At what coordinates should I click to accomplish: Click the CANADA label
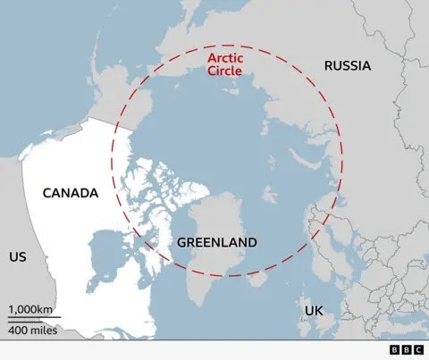[x=70, y=193]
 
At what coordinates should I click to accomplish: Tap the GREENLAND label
[x=216, y=242]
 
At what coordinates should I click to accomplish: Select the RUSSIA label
[x=347, y=65]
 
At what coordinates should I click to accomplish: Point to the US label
[x=17, y=256]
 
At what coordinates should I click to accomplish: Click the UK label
[x=313, y=310]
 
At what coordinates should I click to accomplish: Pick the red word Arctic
[x=225, y=58]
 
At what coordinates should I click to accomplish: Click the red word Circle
[x=225, y=71]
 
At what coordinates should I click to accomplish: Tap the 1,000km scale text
[x=30, y=309]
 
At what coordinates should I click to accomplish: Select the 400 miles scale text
[x=32, y=331]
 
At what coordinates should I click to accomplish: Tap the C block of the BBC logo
[x=418, y=350]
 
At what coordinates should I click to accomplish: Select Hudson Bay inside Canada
[x=107, y=255]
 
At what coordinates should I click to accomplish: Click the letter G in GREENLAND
[x=181, y=242]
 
